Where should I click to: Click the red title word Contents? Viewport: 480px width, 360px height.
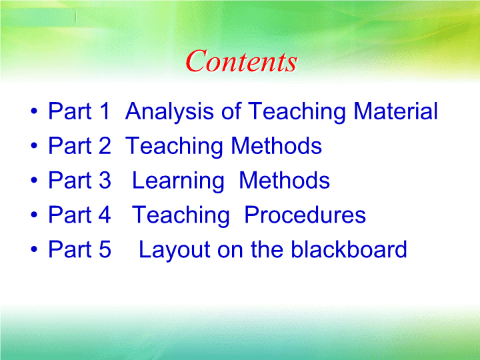241,61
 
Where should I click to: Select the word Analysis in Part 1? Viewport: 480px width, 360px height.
169,112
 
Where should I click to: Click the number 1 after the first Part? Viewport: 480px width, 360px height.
104,111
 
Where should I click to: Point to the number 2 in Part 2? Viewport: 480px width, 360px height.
105,145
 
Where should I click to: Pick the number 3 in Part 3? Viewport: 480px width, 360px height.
105,180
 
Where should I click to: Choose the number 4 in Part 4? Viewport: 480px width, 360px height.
105,215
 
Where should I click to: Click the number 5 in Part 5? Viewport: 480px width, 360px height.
105,249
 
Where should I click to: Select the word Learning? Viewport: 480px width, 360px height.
178,181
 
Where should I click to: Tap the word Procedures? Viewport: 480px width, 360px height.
305,215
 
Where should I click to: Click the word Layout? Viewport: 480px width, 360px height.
175,251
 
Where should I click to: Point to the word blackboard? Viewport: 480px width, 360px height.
349,249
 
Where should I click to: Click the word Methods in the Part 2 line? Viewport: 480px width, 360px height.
277,145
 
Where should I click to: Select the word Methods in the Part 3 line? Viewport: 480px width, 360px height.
285,180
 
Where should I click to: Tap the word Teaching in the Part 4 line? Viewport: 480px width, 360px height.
181,216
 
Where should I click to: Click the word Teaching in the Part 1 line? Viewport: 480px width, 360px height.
297,112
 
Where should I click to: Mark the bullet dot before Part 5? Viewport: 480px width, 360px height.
34,249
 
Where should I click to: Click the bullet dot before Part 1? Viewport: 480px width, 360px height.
34,111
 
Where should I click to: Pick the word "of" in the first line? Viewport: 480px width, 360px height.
231,111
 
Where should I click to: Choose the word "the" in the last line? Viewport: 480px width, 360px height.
267,249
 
